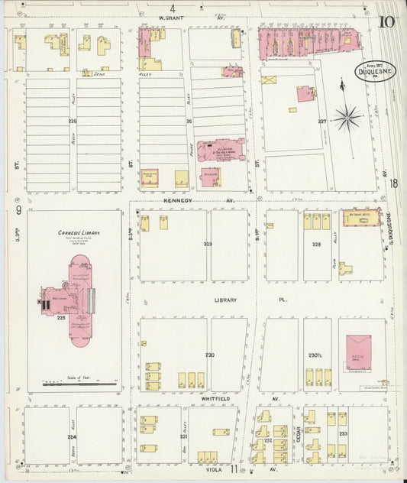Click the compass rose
pyautogui.click(x=347, y=117)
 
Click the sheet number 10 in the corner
pyautogui.click(x=386, y=21)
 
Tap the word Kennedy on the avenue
pyautogui.click(x=177, y=201)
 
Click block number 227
pyautogui.click(x=322, y=121)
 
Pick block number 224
pyautogui.click(x=72, y=436)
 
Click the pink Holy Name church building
pyautogui.click(x=221, y=151)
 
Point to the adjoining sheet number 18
pyautogui.click(x=392, y=183)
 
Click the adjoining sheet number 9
pyautogui.click(x=17, y=211)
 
